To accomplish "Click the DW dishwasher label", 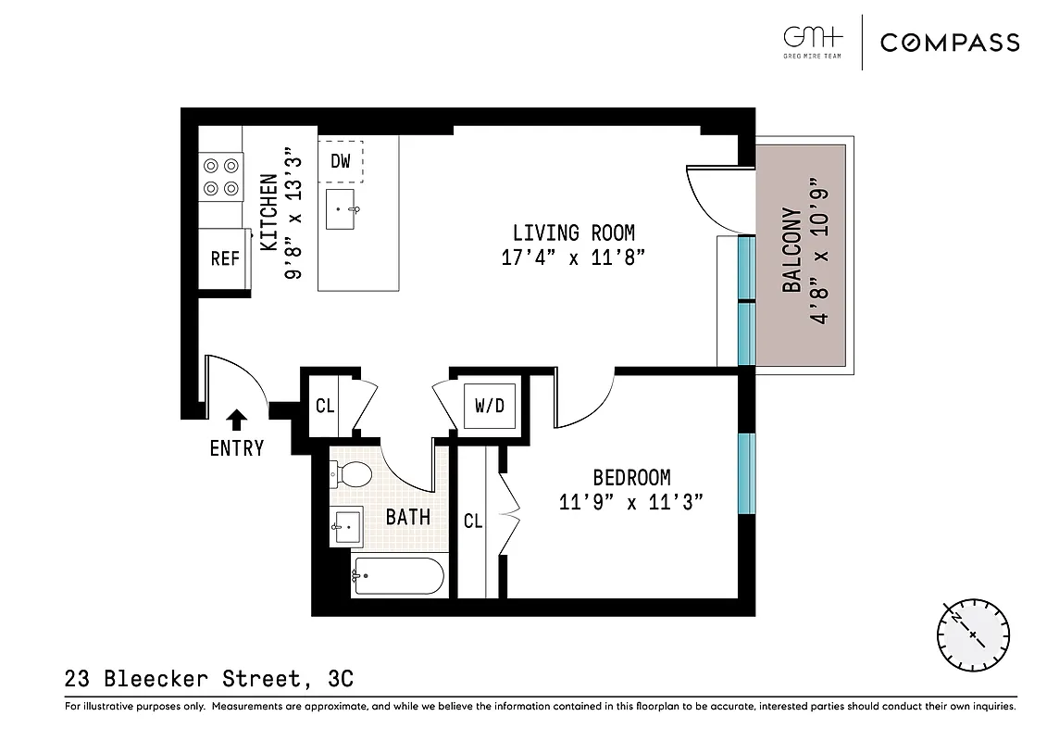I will click(341, 161).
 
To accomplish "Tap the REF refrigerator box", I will click(224, 259).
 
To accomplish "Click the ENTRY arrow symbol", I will click(237, 420).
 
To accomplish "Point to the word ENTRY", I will click(237, 448).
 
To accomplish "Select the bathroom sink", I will click(348, 527).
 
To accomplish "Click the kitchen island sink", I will click(343, 210).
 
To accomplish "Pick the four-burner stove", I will click(220, 177).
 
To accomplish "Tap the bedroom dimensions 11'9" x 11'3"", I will click(631, 503).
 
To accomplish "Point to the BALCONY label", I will click(792, 251).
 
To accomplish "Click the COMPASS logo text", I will click(950, 43).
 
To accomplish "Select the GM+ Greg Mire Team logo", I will click(813, 43).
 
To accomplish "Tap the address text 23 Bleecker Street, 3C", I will click(209, 680).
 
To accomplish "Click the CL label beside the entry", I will click(325, 406).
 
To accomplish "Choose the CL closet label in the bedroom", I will click(473, 521).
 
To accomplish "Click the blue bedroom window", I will click(745, 473).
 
